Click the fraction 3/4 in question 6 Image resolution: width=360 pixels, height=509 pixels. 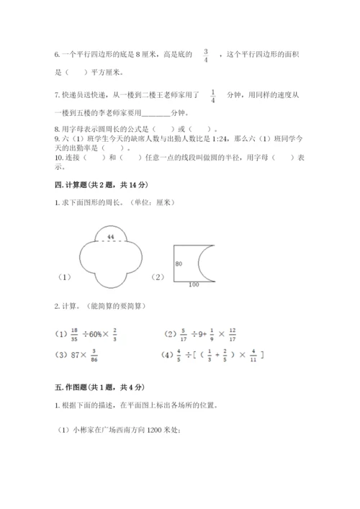tap(207, 54)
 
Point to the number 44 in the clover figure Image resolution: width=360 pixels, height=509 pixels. tap(110, 237)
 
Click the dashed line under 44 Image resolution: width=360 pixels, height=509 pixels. tap(110, 243)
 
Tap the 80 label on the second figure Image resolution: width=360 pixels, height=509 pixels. tap(179, 263)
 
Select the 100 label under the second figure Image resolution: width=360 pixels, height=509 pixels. tap(193, 284)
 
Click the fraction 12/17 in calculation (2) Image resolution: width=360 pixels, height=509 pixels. tap(232, 333)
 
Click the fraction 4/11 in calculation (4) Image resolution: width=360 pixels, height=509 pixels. tap(251, 353)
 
